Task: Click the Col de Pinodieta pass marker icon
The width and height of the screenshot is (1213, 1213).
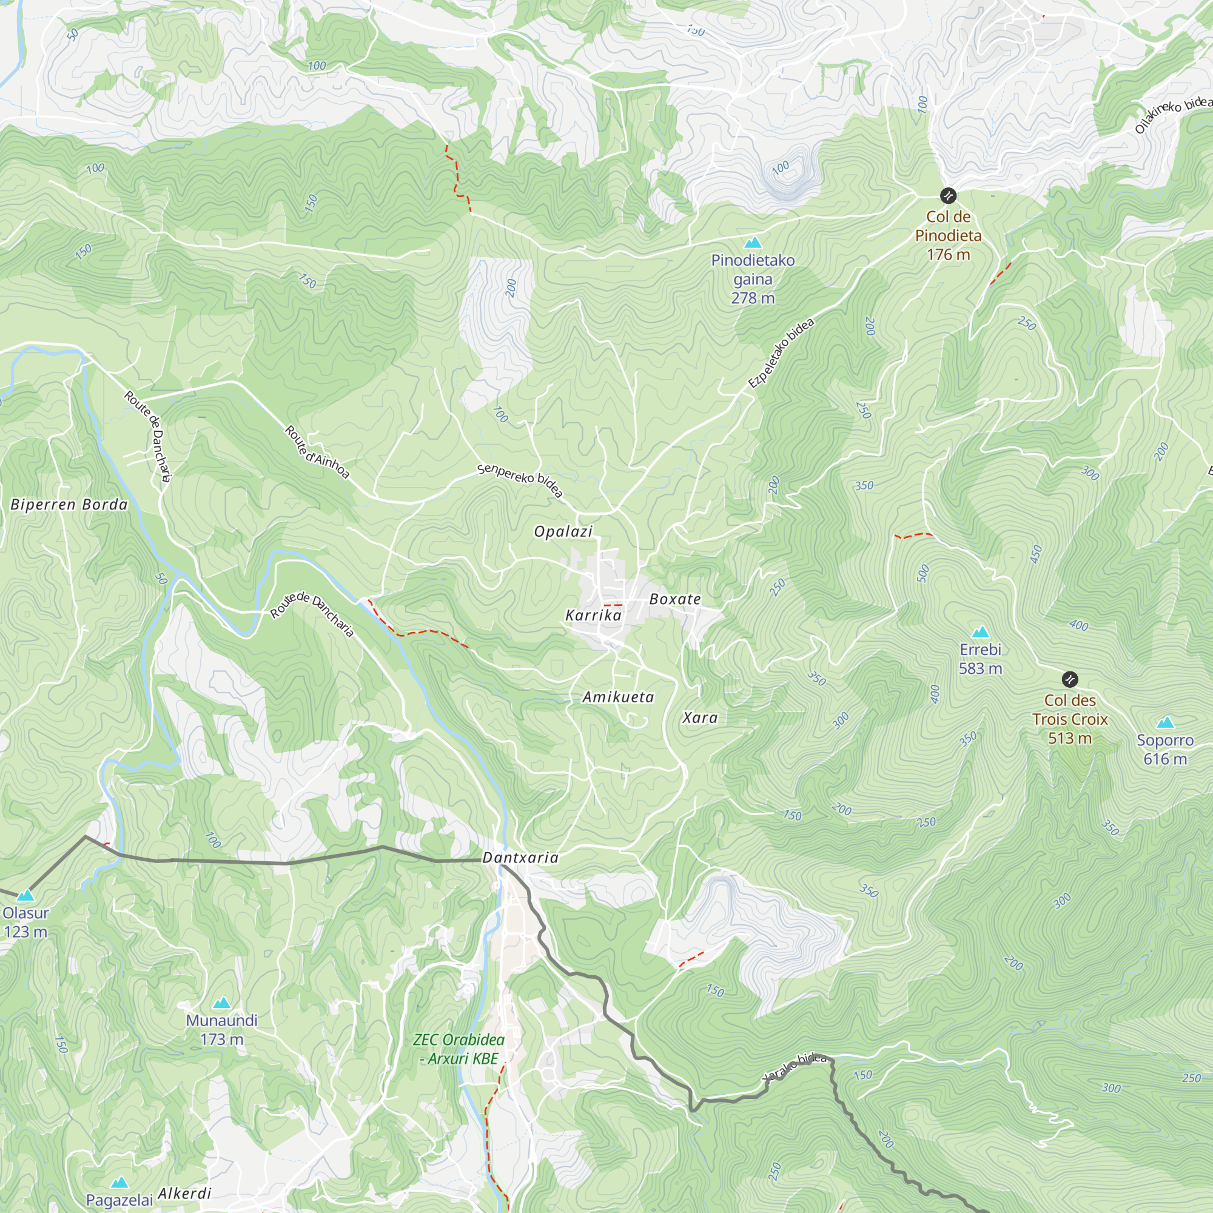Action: click(x=948, y=196)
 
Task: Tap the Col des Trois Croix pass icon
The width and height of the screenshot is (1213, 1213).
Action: click(x=1070, y=679)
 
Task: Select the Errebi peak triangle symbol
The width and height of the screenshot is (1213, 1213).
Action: click(x=980, y=631)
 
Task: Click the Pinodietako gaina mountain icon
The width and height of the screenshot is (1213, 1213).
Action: click(x=752, y=243)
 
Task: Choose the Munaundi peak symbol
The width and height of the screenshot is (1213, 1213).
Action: click(x=221, y=1003)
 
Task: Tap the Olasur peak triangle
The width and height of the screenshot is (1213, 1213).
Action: click(x=25, y=895)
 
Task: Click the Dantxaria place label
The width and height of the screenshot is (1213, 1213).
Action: click(x=520, y=858)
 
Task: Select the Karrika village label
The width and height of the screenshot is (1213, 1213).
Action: click(x=593, y=615)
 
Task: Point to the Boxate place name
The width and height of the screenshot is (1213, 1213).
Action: click(x=675, y=599)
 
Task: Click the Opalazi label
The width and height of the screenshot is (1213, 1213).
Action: click(x=563, y=532)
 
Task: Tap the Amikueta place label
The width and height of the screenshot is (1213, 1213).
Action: click(x=618, y=697)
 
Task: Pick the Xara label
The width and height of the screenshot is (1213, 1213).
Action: click(x=700, y=717)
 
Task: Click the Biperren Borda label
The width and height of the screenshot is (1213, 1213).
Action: click(x=69, y=505)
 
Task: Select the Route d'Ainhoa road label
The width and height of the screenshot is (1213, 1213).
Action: click(x=317, y=452)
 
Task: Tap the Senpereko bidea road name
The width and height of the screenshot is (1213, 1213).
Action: click(x=520, y=480)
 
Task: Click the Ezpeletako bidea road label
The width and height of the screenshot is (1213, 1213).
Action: click(x=781, y=354)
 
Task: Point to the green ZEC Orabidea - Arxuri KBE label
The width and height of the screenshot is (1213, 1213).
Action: click(x=459, y=1049)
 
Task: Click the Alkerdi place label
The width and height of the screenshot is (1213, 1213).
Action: click(x=184, y=1194)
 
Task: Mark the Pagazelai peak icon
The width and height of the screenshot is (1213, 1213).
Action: click(x=119, y=1183)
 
